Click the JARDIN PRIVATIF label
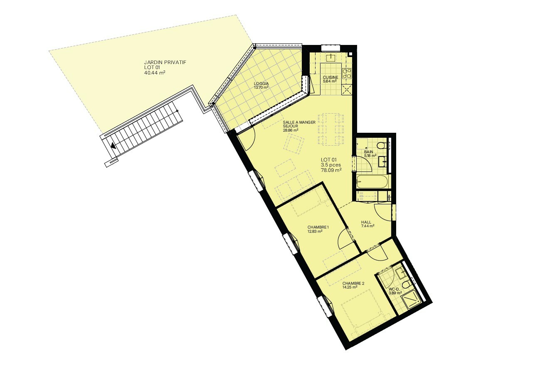(x=165, y=62)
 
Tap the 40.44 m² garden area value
(x=155, y=73)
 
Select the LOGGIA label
(x=261, y=84)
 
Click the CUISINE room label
(x=330, y=77)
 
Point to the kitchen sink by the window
(x=330, y=58)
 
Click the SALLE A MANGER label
(x=299, y=122)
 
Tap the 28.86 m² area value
(x=291, y=130)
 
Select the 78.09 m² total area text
(x=331, y=170)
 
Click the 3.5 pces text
(x=331, y=165)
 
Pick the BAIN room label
(x=368, y=152)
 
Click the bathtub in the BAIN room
(x=373, y=181)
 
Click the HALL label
(x=366, y=222)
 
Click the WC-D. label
(x=394, y=289)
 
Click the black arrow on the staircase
(x=113, y=145)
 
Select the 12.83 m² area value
(x=315, y=231)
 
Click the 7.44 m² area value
(x=367, y=226)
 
